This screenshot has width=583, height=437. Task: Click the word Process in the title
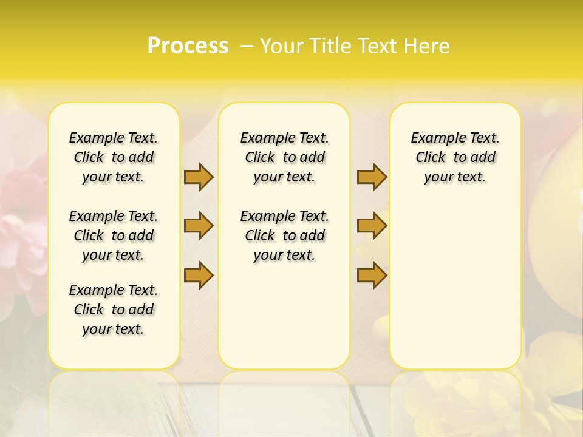tap(188, 46)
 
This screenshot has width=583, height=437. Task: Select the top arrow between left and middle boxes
tap(199, 177)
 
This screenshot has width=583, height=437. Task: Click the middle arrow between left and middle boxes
tap(199, 226)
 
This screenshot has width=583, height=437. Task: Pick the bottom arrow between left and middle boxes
tap(199, 276)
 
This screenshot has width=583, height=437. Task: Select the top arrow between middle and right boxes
tap(372, 177)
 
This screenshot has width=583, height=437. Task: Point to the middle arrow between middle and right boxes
tap(372, 226)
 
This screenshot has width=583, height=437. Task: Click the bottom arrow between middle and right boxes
tap(372, 276)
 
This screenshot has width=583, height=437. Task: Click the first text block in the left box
tap(114, 158)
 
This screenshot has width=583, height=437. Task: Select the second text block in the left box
tap(114, 235)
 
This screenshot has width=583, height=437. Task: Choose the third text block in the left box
tap(114, 310)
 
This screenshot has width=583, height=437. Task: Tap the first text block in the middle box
tap(284, 158)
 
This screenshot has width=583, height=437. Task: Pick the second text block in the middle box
tap(284, 235)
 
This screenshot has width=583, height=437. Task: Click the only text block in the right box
tap(455, 158)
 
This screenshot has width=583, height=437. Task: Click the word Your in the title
tap(282, 46)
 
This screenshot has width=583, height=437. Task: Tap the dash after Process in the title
tap(246, 46)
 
